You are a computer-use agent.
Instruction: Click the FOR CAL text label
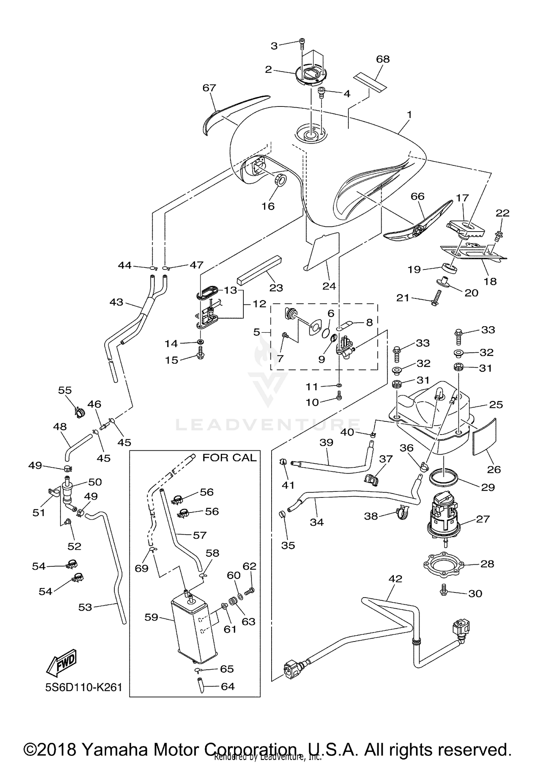tap(229, 458)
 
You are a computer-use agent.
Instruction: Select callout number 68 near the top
tap(383, 59)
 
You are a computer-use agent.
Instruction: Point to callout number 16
tap(268, 206)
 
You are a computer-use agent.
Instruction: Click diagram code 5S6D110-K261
tap(84, 687)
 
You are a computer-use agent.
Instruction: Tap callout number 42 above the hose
tap(395, 579)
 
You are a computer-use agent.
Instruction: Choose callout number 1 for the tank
tap(410, 115)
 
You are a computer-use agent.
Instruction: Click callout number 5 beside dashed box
tap(257, 332)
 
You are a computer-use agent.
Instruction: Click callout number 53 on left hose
tap(85, 607)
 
